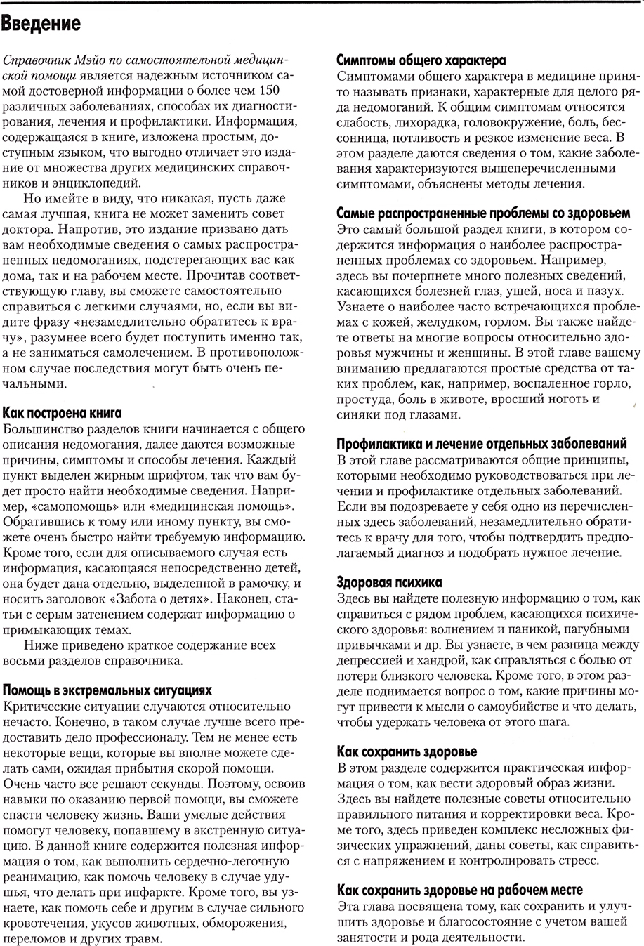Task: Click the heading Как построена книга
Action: (63, 412)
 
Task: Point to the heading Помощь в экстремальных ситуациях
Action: (107, 691)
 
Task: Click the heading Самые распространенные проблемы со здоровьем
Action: (475, 213)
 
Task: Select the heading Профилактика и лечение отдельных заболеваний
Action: (482, 445)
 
